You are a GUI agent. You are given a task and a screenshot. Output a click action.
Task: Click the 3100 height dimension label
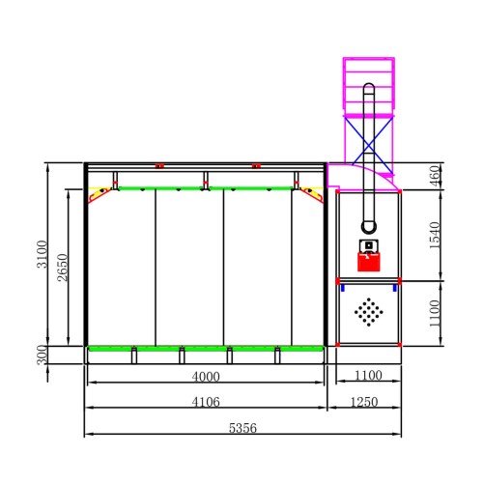43,254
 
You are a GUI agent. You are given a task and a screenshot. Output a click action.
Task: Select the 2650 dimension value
63,268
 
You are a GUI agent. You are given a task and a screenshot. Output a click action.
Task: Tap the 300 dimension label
42,355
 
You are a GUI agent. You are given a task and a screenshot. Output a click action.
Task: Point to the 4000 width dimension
206,377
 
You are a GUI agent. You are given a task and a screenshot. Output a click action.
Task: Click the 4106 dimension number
206,402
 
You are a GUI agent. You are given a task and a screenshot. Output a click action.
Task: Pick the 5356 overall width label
242,428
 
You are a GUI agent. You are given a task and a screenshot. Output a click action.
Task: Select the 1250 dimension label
364,402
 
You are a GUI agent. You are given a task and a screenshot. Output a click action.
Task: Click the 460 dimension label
435,176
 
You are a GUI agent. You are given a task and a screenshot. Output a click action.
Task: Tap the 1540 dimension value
435,235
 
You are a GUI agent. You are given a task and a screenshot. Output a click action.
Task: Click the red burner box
369,262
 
